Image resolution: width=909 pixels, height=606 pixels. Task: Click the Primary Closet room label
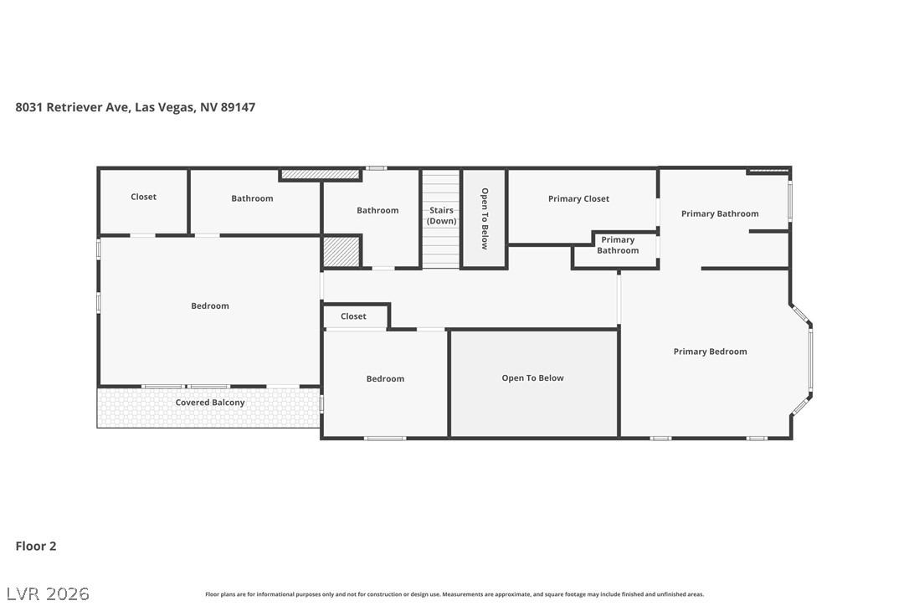point(578,199)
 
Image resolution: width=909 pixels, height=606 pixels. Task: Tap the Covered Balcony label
point(210,403)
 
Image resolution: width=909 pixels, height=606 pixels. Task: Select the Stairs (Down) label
point(442,216)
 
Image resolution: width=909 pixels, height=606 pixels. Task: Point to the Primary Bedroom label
point(710,352)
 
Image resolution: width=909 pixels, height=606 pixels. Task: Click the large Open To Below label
point(533,378)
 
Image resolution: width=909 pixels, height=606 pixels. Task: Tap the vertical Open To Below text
point(485,218)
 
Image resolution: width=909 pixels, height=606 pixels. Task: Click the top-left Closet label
point(143,197)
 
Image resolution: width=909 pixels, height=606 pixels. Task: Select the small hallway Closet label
point(353,316)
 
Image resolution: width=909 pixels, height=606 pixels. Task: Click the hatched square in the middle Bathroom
point(342,252)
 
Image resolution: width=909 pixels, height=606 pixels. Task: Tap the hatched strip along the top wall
point(320,174)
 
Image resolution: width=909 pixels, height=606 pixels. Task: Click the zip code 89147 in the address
point(239,107)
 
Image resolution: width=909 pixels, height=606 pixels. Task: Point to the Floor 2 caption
point(36,547)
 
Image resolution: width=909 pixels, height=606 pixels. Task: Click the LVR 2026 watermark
point(48,593)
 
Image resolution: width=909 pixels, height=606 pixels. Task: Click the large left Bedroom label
point(210,306)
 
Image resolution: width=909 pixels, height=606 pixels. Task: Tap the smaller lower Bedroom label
point(386,379)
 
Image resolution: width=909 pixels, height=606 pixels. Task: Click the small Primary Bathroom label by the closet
point(618,245)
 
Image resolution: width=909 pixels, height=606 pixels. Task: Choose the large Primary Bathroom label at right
point(720,214)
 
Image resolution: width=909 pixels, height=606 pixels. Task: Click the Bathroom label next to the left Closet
point(252,198)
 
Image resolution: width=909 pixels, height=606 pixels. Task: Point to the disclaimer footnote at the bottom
point(454,594)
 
